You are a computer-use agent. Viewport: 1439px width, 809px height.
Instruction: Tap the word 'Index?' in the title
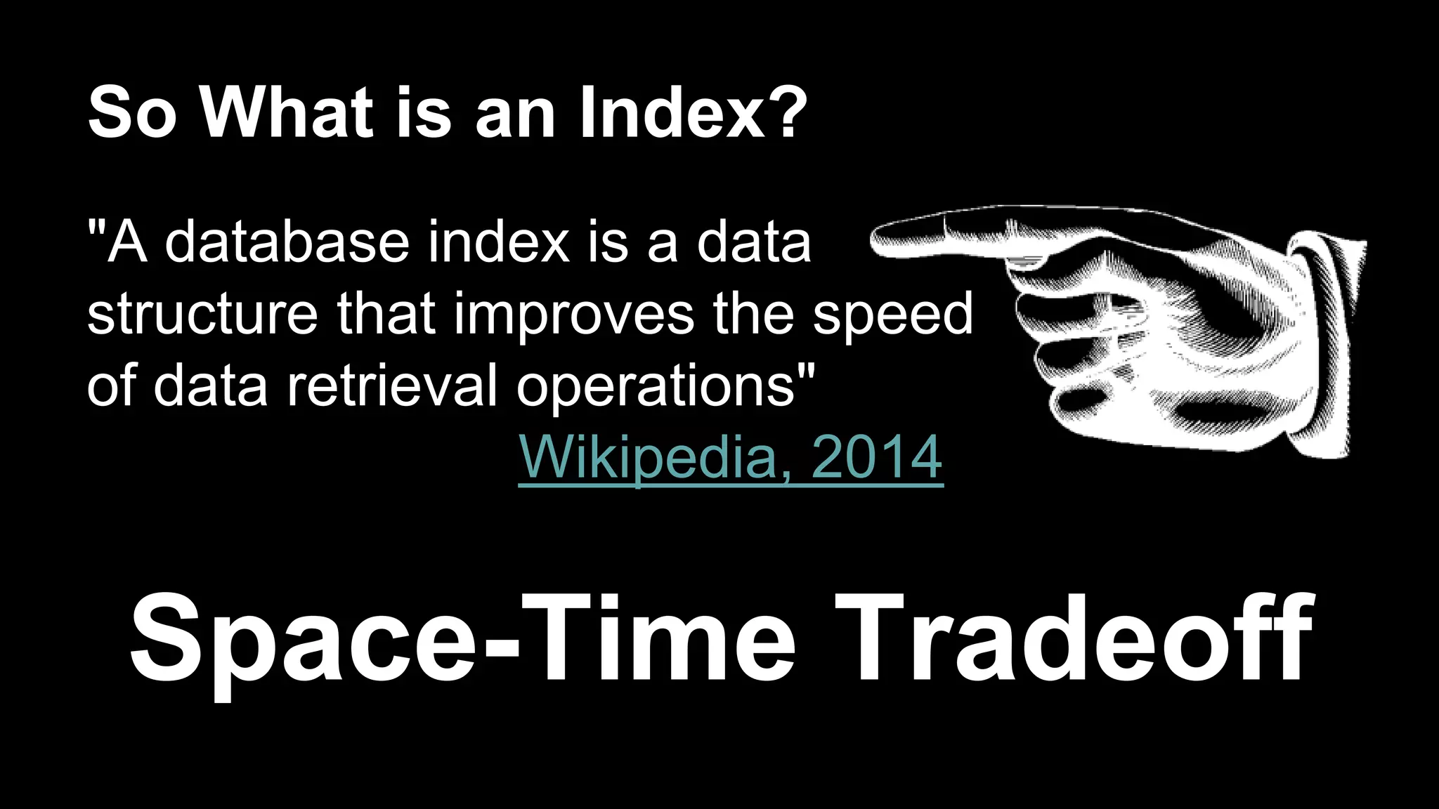click(x=693, y=112)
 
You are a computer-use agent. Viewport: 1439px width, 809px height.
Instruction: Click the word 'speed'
click(x=892, y=316)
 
